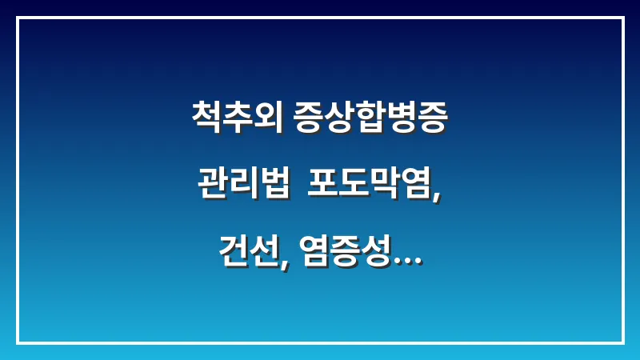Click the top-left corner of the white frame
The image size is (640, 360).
[18, 18]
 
